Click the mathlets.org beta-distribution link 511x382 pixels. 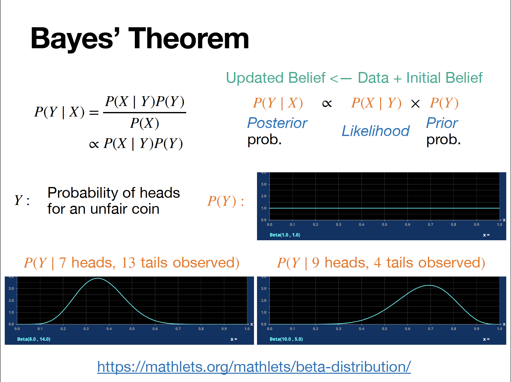254,367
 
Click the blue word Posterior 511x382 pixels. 277,123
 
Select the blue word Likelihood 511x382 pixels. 375,131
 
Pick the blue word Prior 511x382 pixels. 442,123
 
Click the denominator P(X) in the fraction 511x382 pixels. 144,123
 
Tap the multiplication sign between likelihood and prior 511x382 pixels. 415,104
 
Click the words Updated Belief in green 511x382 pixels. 276,78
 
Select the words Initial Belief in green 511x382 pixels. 444,78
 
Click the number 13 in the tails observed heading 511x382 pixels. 128,263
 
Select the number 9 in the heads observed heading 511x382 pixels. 316,263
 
